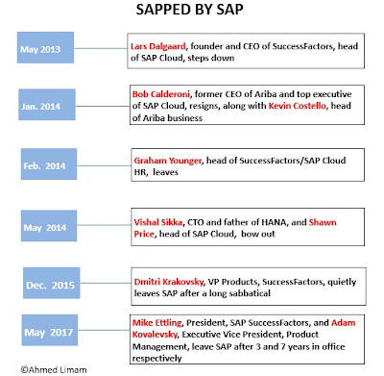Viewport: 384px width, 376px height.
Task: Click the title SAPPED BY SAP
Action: pyautogui.click(x=189, y=10)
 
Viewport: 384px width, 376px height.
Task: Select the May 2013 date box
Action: pyautogui.click(x=45, y=47)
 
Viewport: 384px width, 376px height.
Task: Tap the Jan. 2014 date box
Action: pyautogui.click(x=47, y=105)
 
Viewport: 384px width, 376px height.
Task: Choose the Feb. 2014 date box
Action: pyautogui.click(x=49, y=163)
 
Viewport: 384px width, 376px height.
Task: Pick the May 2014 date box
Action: pyautogui.click(x=49, y=226)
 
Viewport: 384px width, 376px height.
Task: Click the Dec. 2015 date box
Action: pyautogui.click(x=52, y=284)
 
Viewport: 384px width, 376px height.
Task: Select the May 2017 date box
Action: pyautogui.click(x=50, y=330)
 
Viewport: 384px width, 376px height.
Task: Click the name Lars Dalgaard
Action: pyautogui.click(x=158, y=46)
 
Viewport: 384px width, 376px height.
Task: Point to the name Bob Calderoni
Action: pyautogui.click(x=161, y=94)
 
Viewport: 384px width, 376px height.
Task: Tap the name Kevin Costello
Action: pyautogui.click(x=298, y=106)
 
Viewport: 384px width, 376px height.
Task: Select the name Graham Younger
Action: pyautogui.click(x=168, y=161)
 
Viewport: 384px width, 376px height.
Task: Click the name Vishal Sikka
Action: pyautogui.click(x=158, y=222)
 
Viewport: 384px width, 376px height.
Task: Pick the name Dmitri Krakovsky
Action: pyautogui.click(x=169, y=282)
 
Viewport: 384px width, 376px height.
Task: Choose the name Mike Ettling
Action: pyautogui.click(x=157, y=323)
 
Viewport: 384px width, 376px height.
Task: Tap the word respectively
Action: pyautogui.click(x=156, y=359)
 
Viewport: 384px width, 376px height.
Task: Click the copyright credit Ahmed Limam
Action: pyautogui.click(x=54, y=369)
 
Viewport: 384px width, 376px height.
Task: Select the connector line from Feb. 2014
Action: pyautogui.click(x=104, y=165)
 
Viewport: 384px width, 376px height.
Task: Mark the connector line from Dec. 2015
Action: pyautogui.click(x=106, y=284)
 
